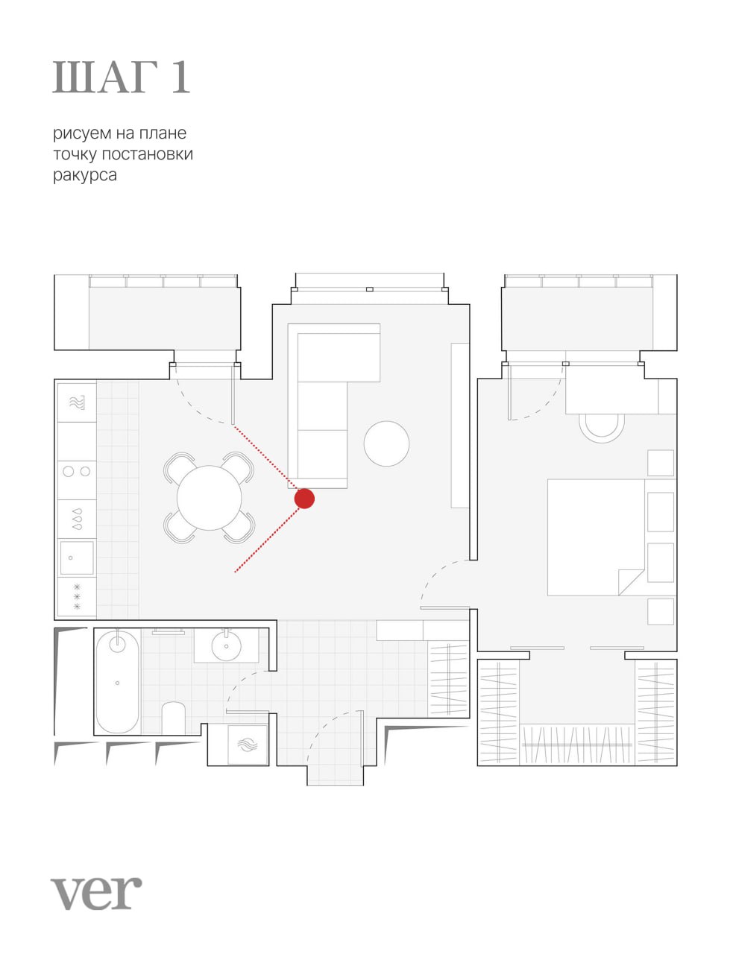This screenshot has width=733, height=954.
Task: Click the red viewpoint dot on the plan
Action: tap(304, 499)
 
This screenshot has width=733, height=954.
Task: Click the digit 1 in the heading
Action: tap(180, 78)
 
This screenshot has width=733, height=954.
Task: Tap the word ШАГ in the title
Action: tap(105, 78)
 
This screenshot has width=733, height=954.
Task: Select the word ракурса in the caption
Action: tap(85, 175)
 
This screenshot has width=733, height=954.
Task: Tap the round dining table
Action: tap(209, 498)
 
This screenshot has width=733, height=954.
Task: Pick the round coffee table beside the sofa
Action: tap(386, 443)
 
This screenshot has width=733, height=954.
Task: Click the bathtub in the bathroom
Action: tap(117, 683)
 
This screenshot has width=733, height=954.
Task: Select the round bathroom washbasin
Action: tap(226, 645)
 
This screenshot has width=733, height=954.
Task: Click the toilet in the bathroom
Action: tap(173, 718)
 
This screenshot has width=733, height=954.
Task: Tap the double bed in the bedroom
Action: tap(596, 537)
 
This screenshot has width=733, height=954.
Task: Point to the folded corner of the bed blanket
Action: tap(631, 581)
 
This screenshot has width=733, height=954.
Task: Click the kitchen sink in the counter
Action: tap(77, 557)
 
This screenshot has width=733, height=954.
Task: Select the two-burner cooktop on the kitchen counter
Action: tap(77, 472)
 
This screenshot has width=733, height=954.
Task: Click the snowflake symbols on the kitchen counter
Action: tap(77, 597)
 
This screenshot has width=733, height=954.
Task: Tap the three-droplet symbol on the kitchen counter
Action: tap(78, 519)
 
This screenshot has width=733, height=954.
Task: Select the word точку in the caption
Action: tap(75, 155)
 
